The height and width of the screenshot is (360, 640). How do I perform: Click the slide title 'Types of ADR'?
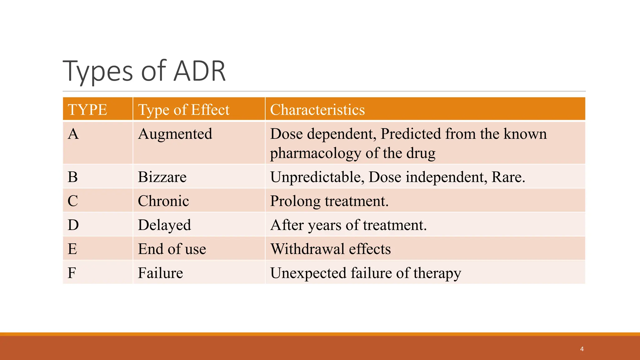click(144, 71)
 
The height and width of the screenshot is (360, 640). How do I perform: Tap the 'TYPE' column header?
click(87, 110)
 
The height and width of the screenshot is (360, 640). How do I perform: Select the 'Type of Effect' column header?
click(184, 110)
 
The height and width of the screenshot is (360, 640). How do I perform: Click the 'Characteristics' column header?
click(317, 110)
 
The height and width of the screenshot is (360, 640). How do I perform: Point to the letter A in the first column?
click(73, 134)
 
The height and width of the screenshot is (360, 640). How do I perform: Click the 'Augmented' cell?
click(175, 134)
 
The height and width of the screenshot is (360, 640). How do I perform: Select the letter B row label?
click(73, 177)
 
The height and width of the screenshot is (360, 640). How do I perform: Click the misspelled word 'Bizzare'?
click(162, 177)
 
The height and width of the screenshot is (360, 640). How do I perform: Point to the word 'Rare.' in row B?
click(508, 177)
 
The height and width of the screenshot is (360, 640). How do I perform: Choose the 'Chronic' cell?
click(163, 201)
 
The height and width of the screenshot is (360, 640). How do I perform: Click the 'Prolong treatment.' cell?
click(329, 201)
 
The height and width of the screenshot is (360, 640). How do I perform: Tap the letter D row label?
click(73, 225)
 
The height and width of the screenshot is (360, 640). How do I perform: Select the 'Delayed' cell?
click(164, 225)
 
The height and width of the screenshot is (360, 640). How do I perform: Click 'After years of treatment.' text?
click(348, 225)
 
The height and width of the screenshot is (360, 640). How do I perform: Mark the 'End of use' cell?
click(172, 249)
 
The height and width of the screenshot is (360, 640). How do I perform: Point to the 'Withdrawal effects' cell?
click(331, 249)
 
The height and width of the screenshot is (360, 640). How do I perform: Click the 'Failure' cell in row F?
click(160, 273)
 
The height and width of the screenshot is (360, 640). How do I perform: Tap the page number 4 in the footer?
click(582, 349)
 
